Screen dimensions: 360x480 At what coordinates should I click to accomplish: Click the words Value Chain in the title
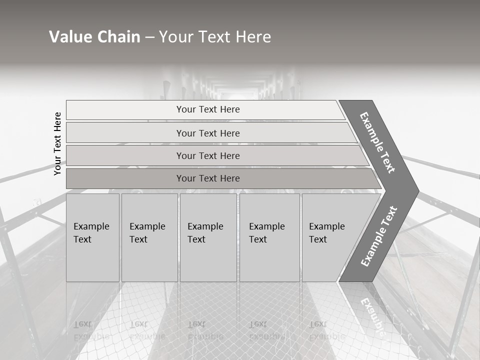coord(94,37)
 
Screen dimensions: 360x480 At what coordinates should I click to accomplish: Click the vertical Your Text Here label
coord(58,143)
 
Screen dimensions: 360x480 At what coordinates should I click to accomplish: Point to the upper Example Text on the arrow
coord(377,142)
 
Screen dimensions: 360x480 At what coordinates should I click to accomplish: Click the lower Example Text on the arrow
coord(379,236)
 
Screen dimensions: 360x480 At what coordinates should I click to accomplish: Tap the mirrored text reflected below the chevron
coord(372,315)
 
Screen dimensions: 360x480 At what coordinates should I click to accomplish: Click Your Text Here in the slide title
coord(215,37)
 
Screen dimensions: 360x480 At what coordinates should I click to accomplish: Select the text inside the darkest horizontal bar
coord(208,178)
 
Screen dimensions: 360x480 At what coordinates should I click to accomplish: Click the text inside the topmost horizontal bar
coord(208,109)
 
